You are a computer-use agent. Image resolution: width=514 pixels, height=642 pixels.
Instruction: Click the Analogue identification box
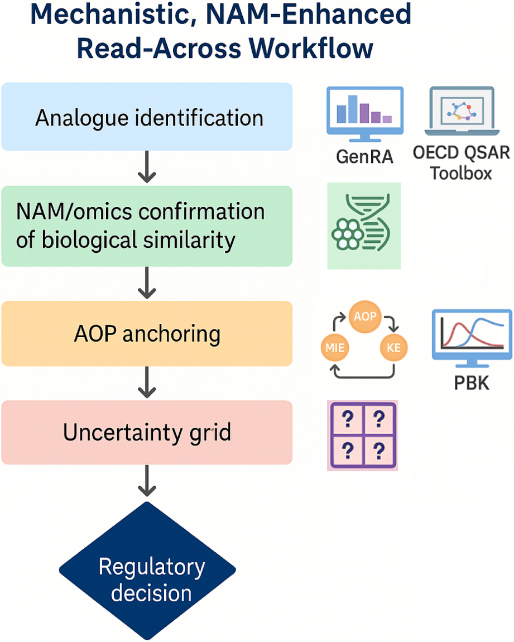coord(146,117)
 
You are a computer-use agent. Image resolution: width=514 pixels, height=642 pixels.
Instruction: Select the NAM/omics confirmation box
coord(146,226)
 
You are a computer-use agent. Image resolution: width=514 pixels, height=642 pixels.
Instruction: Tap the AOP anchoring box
coord(146,334)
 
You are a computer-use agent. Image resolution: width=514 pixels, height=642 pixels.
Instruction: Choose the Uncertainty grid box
coord(146,433)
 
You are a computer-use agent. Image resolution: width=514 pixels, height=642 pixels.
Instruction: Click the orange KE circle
coord(393,348)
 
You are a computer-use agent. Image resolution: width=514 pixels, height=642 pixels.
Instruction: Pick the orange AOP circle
coord(364,317)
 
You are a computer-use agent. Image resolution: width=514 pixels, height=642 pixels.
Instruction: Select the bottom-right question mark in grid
coord(380,448)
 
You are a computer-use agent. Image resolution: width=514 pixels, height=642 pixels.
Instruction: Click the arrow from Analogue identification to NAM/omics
coord(146,167)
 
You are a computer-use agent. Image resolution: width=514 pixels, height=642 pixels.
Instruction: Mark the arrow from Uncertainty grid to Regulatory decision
coord(146,480)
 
